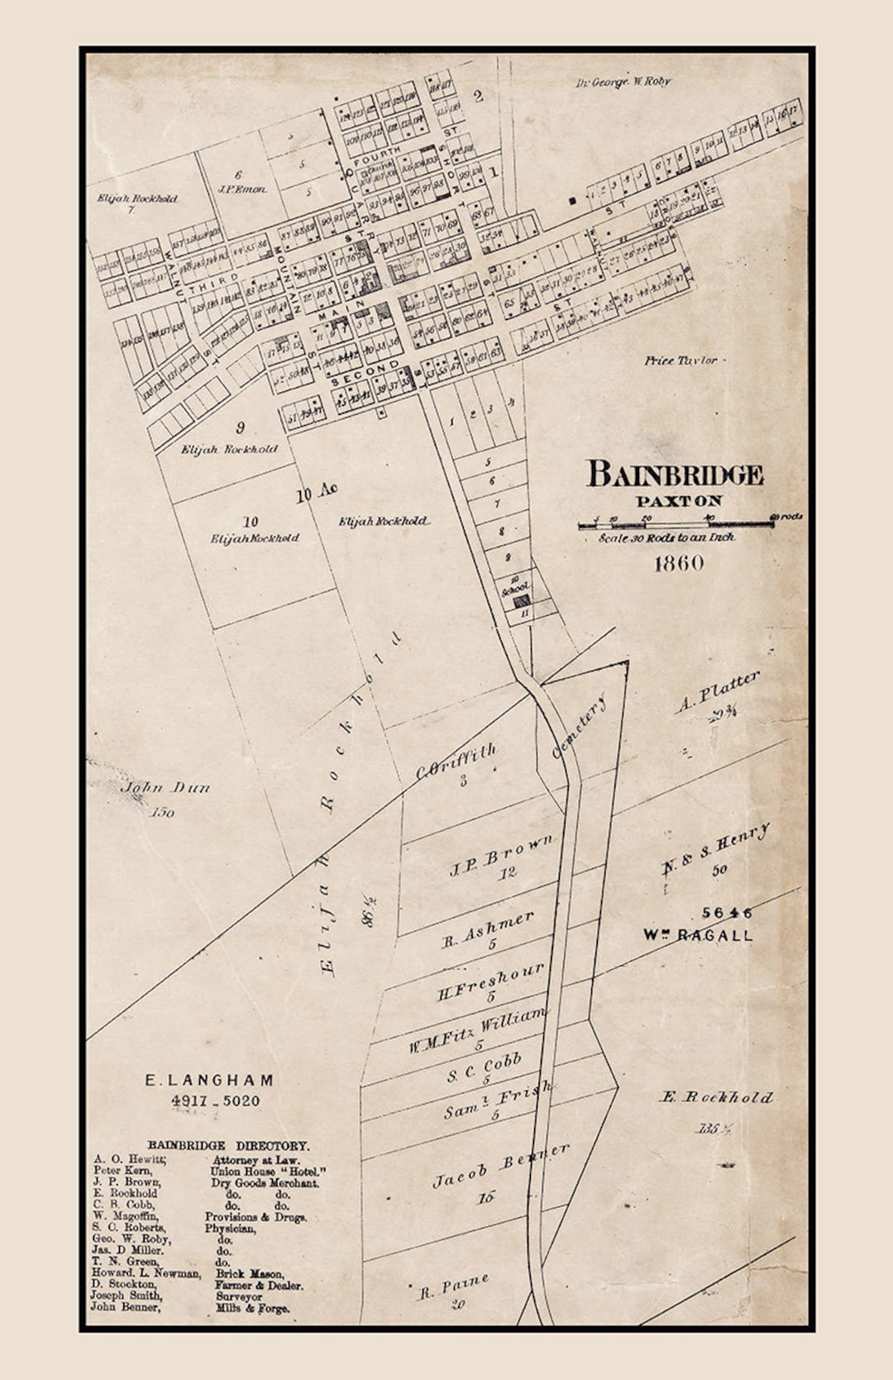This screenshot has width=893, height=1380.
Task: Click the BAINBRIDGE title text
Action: click(x=674, y=475)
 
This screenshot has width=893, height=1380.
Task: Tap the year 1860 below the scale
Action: click(x=679, y=563)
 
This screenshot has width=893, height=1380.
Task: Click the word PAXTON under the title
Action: click(x=679, y=501)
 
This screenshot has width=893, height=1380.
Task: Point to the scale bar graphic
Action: click(x=676, y=524)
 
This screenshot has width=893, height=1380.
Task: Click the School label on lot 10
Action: click(x=514, y=588)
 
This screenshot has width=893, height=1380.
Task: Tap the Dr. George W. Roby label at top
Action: click(x=623, y=82)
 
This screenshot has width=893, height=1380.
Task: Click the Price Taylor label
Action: click(x=680, y=361)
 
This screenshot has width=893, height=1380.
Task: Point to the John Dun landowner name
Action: click(x=165, y=788)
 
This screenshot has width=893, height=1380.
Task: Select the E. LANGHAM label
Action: click(x=209, y=1080)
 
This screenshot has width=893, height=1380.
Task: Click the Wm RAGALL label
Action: click(x=698, y=936)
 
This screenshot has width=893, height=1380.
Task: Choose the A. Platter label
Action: click(x=716, y=692)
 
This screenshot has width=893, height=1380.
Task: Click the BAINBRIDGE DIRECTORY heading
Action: click(x=228, y=1146)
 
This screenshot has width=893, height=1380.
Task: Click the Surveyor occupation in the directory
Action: click(x=239, y=1296)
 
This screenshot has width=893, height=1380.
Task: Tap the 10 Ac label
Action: click(x=317, y=494)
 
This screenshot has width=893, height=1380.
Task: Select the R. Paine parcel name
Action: click(x=454, y=1287)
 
